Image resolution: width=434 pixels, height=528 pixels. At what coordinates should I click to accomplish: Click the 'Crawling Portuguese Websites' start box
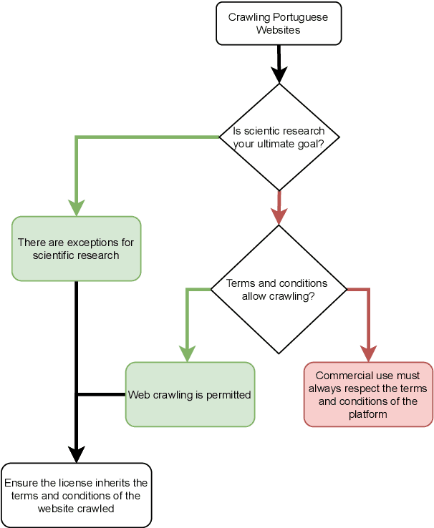pyautogui.click(x=279, y=24)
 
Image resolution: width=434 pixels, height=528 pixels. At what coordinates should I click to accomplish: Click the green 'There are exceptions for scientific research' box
pyautogui.click(x=76, y=248)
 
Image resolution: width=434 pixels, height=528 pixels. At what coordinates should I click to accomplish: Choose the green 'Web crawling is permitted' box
pyautogui.click(x=190, y=394)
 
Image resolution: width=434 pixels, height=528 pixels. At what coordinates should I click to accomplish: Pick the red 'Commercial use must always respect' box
pyautogui.click(x=368, y=394)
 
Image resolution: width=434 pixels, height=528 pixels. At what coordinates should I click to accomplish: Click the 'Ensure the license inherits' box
pyautogui.click(x=76, y=495)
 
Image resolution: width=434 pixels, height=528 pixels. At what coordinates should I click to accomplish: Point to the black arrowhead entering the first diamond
pyautogui.click(x=279, y=74)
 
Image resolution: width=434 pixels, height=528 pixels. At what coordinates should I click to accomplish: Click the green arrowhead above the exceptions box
pyautogui.click(x=76, y=207)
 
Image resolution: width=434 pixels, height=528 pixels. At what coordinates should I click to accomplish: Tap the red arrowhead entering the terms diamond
pyautogui.click(x=279, y=216)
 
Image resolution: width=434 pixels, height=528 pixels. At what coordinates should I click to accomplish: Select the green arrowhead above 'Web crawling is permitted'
pyautogui.click(x=187, y=353)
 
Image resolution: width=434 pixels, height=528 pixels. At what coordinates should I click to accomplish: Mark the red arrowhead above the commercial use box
pyautogui.click(x=368, y=353)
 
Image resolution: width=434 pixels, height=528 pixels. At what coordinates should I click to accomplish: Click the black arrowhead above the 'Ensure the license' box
pyautogui.click(x=76, y=454)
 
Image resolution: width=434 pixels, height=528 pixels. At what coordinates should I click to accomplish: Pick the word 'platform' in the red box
pyautogui.click(x=368, y=414)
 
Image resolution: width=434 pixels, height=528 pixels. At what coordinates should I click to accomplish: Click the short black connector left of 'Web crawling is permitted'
pyautogui.click(x=100, y=394)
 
